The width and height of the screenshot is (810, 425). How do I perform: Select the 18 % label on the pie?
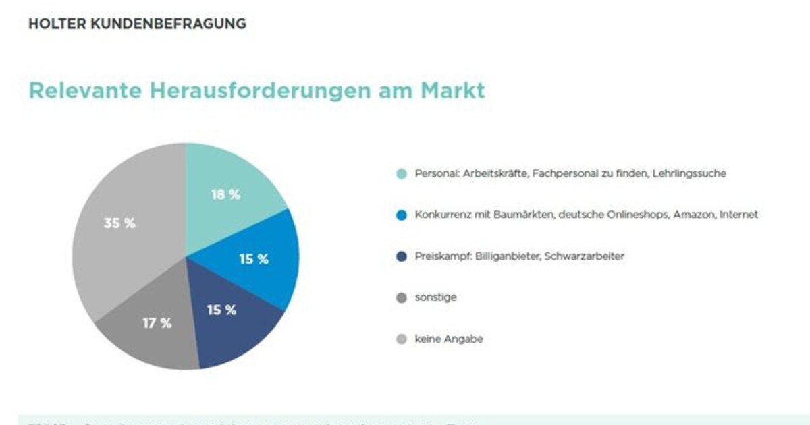pyautogui.click(x=225, y=194)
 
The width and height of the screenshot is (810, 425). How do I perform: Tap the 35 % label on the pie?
pyautogui.click(x=119, y=223)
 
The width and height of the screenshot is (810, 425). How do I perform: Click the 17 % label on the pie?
pyautogui.click(x=157, y=323)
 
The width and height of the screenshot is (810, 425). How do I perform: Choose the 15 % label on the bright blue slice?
pyautogui.click(x=253, y=258)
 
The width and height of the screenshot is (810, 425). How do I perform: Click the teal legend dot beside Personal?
pyautogui.click(x=402, y=174)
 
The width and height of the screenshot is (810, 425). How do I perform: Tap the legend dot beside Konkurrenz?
pyautogui.click(x=402, y=215)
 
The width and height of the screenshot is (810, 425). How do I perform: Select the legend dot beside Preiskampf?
pyautogui.click(x=402, y=257)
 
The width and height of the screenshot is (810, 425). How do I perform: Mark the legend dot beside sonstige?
pyautogui.click(x=402, y=297)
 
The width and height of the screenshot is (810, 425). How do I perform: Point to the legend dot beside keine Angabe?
pyautogui.click(x=402, y=340)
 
